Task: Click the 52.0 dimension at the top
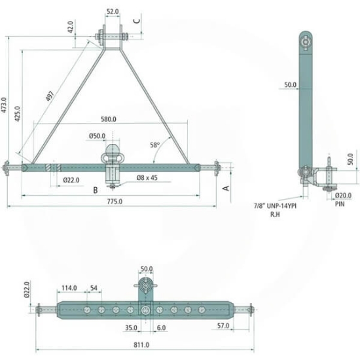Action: [113, 12]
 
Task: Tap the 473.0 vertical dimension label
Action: [4, 105]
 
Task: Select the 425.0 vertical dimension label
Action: [18, 114]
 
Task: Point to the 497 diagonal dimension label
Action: [50, 96]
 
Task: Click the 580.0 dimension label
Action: [109, 119]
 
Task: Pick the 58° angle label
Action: [154, 145]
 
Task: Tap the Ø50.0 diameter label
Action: [97, 136]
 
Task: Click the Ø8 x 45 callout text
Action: [147, 177]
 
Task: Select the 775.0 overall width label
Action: [115, 202]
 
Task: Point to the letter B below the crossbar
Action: [96, 190]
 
